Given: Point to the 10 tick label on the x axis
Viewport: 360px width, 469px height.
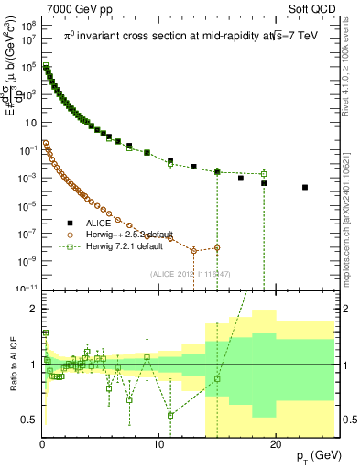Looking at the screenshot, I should [x=158, y=444].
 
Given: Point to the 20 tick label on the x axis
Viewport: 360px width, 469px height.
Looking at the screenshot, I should [x=274, y=444].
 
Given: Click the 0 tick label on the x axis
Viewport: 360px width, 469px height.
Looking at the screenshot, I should [x=42, y=444].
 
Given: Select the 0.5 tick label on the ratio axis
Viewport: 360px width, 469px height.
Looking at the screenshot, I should [x=29, y=420].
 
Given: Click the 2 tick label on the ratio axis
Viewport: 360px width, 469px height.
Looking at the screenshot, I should [x=32, y=309].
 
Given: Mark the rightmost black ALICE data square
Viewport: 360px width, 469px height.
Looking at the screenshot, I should [x=305, y=187].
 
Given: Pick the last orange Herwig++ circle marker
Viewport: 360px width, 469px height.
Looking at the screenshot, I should [x=217, y=247].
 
